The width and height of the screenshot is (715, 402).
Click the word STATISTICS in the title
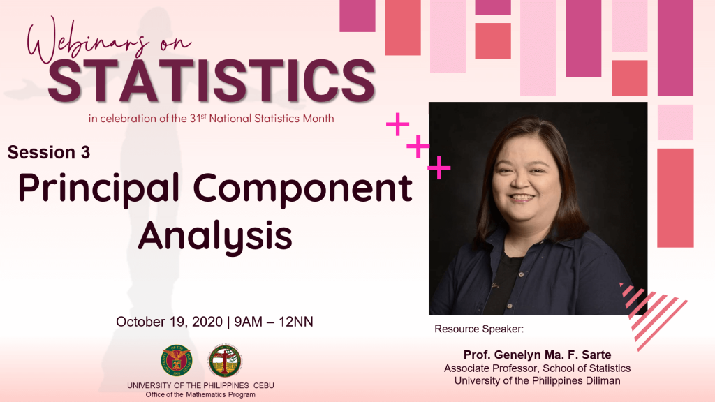[211, 81]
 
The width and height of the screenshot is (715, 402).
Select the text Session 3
[49, 152]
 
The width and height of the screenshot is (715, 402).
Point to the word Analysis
[215, 237]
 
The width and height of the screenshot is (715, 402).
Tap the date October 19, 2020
[169, 322]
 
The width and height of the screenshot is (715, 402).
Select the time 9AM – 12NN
[274, 322]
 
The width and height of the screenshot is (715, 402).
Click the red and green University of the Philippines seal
[177, 361]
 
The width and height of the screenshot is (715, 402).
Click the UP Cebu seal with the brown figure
[225, 361]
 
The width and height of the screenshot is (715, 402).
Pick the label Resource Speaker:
[479, 329]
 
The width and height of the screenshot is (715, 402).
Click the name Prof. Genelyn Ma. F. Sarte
[537, 355]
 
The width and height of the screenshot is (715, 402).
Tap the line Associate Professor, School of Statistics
[537, 368]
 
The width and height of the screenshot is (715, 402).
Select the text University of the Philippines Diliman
[537, 380]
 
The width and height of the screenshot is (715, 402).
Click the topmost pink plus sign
[397, 124]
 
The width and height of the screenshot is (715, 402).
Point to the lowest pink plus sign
[438, 167]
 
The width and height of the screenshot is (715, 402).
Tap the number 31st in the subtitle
[198, 118]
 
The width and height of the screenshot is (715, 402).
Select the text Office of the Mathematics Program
[200, 395]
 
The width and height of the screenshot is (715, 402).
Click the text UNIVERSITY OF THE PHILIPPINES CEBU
[200, 385]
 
